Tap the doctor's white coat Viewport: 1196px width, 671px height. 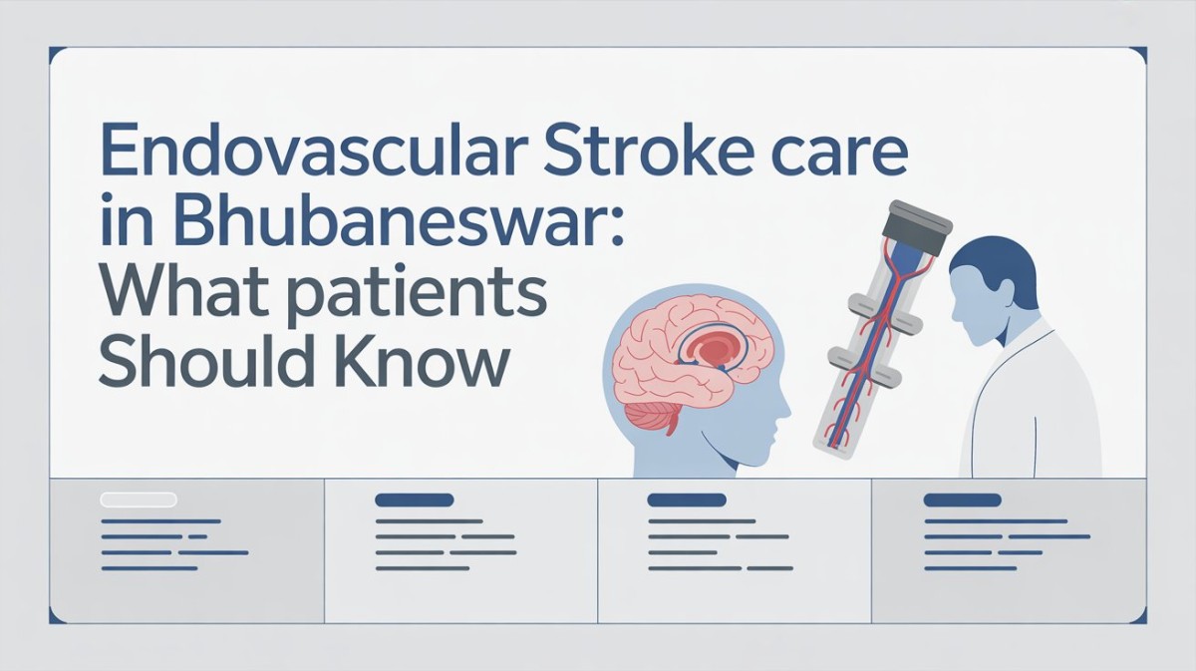[x=1027, y=399]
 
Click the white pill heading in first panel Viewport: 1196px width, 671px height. [x=139, y=499]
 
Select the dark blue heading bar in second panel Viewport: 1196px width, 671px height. [x=414, y=499]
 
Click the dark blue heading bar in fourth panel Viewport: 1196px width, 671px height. [x=962, y=499]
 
